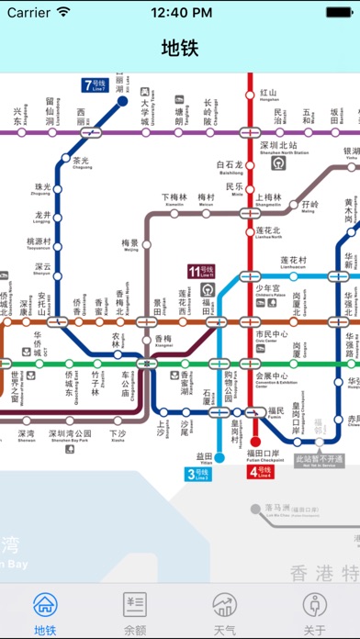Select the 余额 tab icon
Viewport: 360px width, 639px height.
point(135,606)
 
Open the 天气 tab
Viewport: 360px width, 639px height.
point(224,606)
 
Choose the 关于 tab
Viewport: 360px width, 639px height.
point(314,606)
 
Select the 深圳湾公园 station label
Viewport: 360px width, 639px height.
point(71,433)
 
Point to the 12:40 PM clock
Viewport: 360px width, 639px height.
point(180,14)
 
